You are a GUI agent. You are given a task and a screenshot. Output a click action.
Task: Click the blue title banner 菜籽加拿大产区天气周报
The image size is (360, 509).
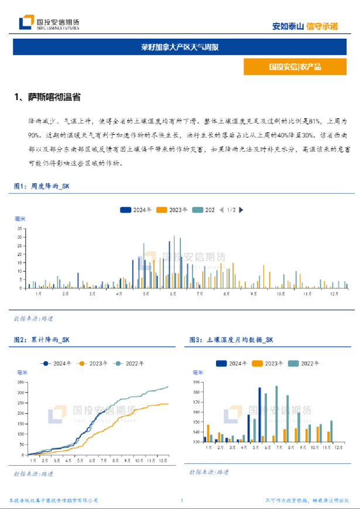180,47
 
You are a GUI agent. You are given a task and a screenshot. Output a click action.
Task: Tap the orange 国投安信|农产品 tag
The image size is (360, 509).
294,67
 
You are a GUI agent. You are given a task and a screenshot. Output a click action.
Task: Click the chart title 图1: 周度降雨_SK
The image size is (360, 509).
42,186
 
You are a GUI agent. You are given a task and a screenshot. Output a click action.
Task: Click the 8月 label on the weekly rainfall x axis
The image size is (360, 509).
226,294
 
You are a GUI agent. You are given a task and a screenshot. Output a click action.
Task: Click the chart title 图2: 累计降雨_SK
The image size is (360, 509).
42,339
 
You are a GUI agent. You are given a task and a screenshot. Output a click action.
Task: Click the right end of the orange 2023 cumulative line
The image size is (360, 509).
168,404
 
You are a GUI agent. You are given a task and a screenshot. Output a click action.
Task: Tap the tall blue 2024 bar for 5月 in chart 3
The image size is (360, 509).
259,414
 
